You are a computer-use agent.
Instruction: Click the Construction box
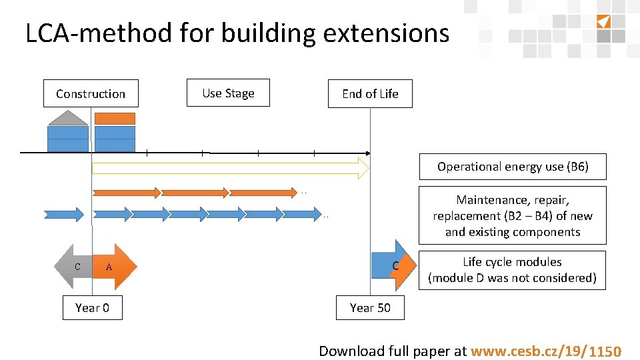tap(91, 94)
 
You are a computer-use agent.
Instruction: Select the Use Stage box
tap(228, 93)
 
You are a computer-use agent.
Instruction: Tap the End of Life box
tap(370, 94)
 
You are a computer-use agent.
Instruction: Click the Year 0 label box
tap(92, 307)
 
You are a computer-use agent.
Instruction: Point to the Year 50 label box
tap(370, 307)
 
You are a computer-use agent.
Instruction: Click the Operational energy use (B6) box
tap(513, 167)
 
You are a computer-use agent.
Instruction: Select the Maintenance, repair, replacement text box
tap(513, 215)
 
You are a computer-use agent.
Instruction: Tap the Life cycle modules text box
tap(512, 269)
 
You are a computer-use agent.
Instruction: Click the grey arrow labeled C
tap(75, 267)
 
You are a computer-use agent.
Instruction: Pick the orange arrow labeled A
tap(113, 267)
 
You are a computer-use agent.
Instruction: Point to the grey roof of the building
tap(67, 119)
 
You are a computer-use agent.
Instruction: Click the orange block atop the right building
tap(115, 119)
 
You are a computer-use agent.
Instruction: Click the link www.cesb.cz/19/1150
tap(546, 351)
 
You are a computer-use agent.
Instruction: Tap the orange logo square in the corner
tap(603, 21)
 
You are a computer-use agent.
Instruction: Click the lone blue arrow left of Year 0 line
tap(64, 214)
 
